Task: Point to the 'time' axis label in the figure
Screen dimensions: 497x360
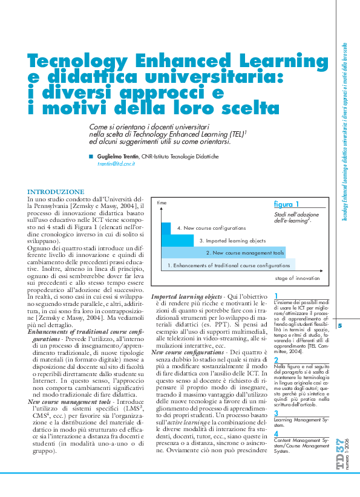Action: (x=162, y=204)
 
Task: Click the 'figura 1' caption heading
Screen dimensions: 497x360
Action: (x=286, y=204)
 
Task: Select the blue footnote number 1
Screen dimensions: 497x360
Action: (x=276, y=296)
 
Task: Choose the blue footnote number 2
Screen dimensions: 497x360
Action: (x=277, y=360)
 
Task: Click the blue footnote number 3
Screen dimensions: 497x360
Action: (x=277, y=413)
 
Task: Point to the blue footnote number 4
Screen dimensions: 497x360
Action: (x=277, y=434)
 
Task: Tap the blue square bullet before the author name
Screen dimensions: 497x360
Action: (x=91, y=156)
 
